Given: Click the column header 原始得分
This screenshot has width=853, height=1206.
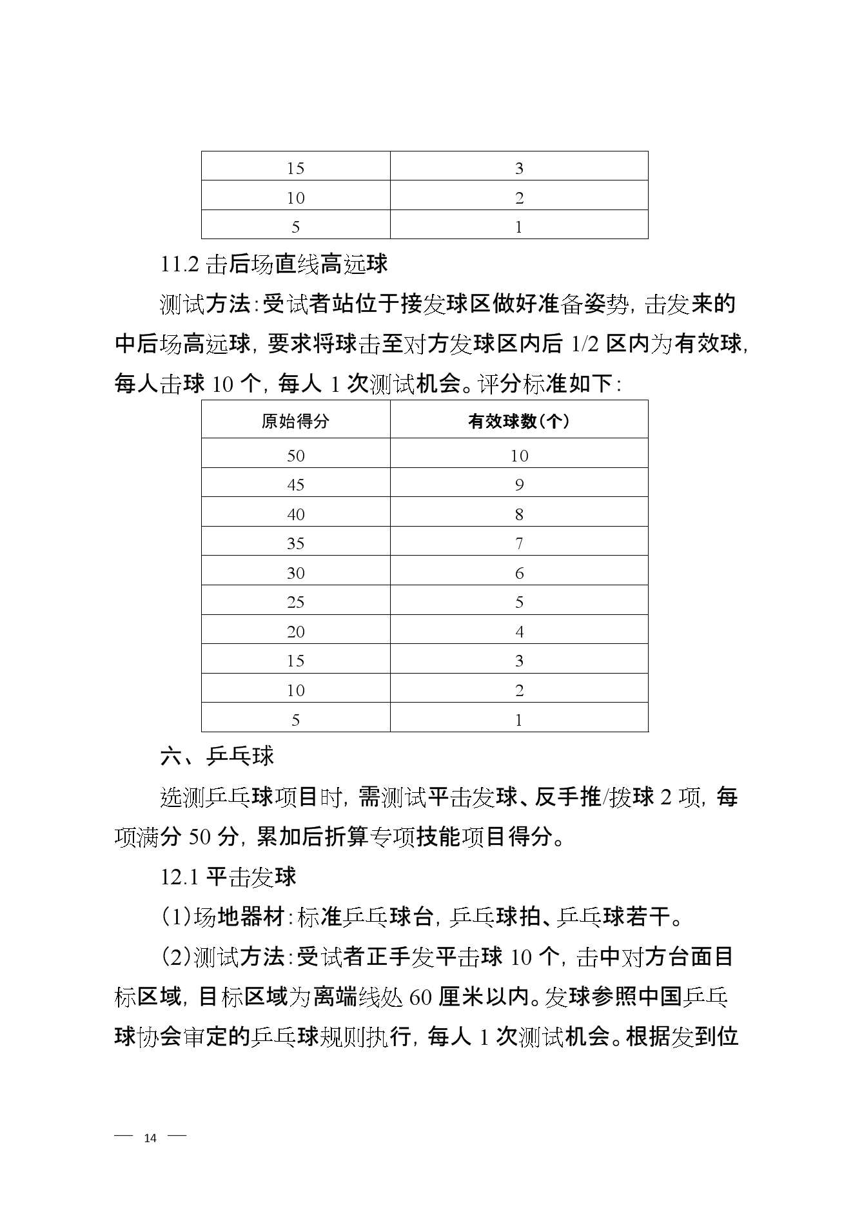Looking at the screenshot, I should tap(295, 421).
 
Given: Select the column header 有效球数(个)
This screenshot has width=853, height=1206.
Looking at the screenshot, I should tap(518, 421).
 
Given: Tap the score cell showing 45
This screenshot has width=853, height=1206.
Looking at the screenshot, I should tap(295, 484).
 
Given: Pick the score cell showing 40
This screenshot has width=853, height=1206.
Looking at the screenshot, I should tap(295, 514).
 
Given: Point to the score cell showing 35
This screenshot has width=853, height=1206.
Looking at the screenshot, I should tap(295, 543).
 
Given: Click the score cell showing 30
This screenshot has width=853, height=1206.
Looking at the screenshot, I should tap(295, 572).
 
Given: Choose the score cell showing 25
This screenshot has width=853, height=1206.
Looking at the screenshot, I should tap(295, 602).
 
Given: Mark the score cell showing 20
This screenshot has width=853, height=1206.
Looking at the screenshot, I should tap(295, 631).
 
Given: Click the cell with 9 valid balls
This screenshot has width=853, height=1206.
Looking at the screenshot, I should tap(519, 484).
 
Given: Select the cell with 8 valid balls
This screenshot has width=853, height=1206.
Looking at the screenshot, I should tap(519, 514).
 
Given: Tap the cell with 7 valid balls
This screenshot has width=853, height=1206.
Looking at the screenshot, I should tap(519, 543).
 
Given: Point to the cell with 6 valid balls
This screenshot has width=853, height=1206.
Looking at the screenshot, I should tap(519, 572).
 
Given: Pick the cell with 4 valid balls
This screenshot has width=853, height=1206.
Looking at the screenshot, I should tap(519, 631).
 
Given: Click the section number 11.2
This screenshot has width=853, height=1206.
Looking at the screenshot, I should tap(181, 264).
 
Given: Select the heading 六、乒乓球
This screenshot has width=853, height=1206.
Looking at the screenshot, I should tap(217, 755).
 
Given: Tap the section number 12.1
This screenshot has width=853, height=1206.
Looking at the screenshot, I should tap(181, 877).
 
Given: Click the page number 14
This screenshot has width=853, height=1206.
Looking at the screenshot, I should tap(150, 1138).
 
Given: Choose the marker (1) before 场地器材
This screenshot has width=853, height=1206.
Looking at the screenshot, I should tap(175, 917).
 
